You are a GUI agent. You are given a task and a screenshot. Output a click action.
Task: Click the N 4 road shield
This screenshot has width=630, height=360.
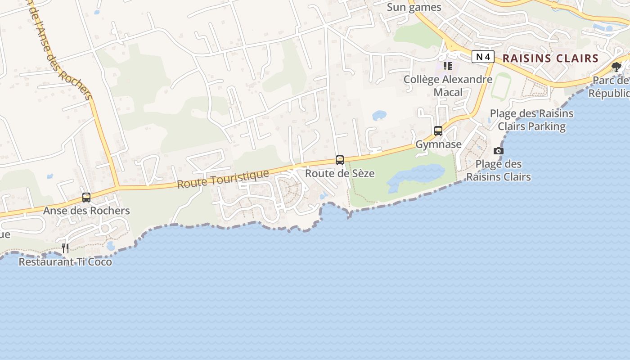(x=483, y=57)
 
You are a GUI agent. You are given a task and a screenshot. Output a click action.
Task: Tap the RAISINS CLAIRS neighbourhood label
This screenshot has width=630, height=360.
(x=550, y=58)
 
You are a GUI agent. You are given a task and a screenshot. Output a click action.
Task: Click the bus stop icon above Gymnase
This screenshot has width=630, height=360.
(x=438, y=131)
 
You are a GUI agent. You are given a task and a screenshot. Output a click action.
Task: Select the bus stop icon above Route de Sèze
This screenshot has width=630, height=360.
(x=340, y=160)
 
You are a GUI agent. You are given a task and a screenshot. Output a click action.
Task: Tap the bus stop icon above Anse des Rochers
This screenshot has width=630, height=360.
(x=86, y=197)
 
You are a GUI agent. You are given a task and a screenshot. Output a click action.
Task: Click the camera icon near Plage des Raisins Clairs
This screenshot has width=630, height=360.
(x=499, y=151)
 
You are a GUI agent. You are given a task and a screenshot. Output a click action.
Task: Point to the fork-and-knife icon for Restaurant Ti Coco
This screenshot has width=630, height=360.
(x=65, y=248)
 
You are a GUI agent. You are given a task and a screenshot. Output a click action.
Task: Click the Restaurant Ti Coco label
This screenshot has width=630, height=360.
(x=65, y=261)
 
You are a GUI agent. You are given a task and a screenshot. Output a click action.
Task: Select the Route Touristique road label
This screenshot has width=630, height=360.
(x=223, y=179)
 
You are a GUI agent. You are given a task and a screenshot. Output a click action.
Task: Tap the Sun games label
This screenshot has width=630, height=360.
(x=414, y=7)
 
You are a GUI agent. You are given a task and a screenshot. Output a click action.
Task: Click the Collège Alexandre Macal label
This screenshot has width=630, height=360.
(x=448, y=85)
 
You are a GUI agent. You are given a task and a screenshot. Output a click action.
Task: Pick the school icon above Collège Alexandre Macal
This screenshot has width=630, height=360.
(x=447, y=66)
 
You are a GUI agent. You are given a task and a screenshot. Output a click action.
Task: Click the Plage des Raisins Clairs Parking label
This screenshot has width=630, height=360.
(x=531, y=120)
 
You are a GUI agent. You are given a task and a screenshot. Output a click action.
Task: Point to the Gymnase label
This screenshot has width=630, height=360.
(x=438, y=144)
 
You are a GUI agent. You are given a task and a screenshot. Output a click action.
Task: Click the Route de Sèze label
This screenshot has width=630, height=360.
(x=340, y=173)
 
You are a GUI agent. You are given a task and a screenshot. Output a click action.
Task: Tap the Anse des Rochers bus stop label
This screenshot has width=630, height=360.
(x=86, y=211)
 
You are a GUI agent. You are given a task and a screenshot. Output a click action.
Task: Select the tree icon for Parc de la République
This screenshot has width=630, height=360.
(x=616, y=67)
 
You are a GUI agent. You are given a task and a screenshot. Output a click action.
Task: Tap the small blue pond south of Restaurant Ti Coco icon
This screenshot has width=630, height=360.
(x=111, y=246)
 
